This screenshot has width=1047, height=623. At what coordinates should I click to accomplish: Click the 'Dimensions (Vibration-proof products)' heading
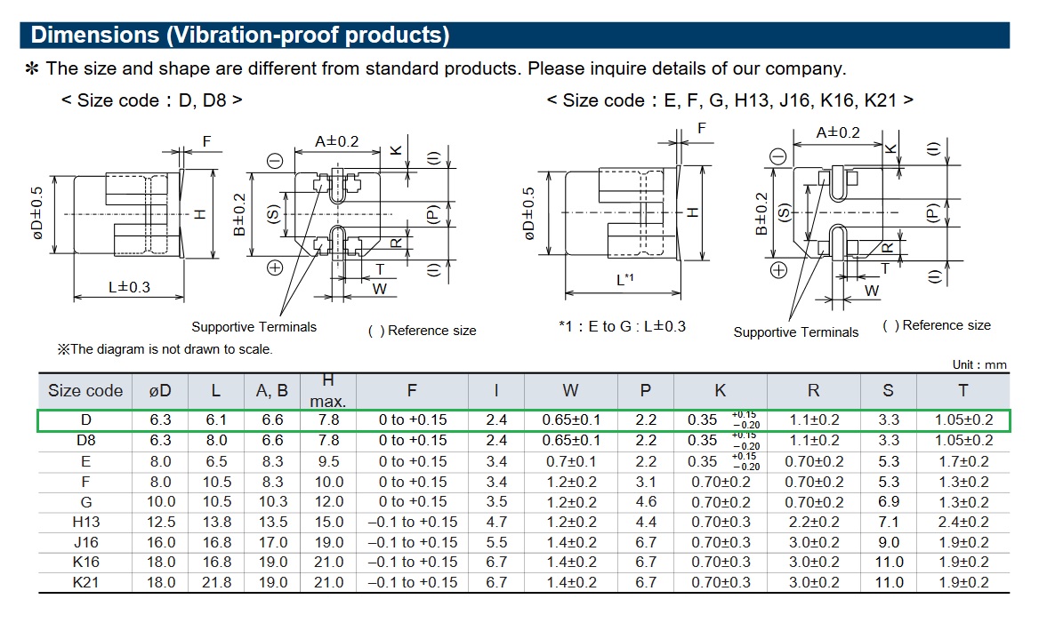tap(239, 36)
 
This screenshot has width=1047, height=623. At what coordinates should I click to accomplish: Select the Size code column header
tap(85, 391)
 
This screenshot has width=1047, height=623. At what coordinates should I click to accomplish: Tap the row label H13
tap(85, 522)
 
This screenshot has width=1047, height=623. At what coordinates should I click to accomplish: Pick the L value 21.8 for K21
tap(216, 582)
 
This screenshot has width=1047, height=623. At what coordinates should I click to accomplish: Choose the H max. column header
tap(328, 391)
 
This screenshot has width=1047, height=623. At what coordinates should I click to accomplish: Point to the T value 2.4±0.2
tap(963, 522)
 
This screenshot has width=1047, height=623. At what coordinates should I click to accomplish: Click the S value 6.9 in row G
tap(889, 502)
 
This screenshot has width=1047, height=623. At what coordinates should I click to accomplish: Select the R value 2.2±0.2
tap(814, 522)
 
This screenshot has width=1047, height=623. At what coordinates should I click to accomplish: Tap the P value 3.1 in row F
tap(646, 482)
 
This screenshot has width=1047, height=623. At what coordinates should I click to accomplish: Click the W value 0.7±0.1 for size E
tap(571, 461)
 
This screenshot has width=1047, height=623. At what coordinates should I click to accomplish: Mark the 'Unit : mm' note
tap(979, 364)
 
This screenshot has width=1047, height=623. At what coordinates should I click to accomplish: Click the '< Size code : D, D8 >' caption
tap(152, 100)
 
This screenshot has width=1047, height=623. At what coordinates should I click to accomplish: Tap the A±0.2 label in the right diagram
tap(838, 132)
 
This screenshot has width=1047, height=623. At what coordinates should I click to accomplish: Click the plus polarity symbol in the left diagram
tap(275, 267)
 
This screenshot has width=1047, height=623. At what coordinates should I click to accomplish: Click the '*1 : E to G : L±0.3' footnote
tap(622, 326)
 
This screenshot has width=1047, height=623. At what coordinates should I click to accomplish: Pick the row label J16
tap(85, 542)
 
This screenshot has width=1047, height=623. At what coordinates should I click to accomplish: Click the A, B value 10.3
tap(271, 502)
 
